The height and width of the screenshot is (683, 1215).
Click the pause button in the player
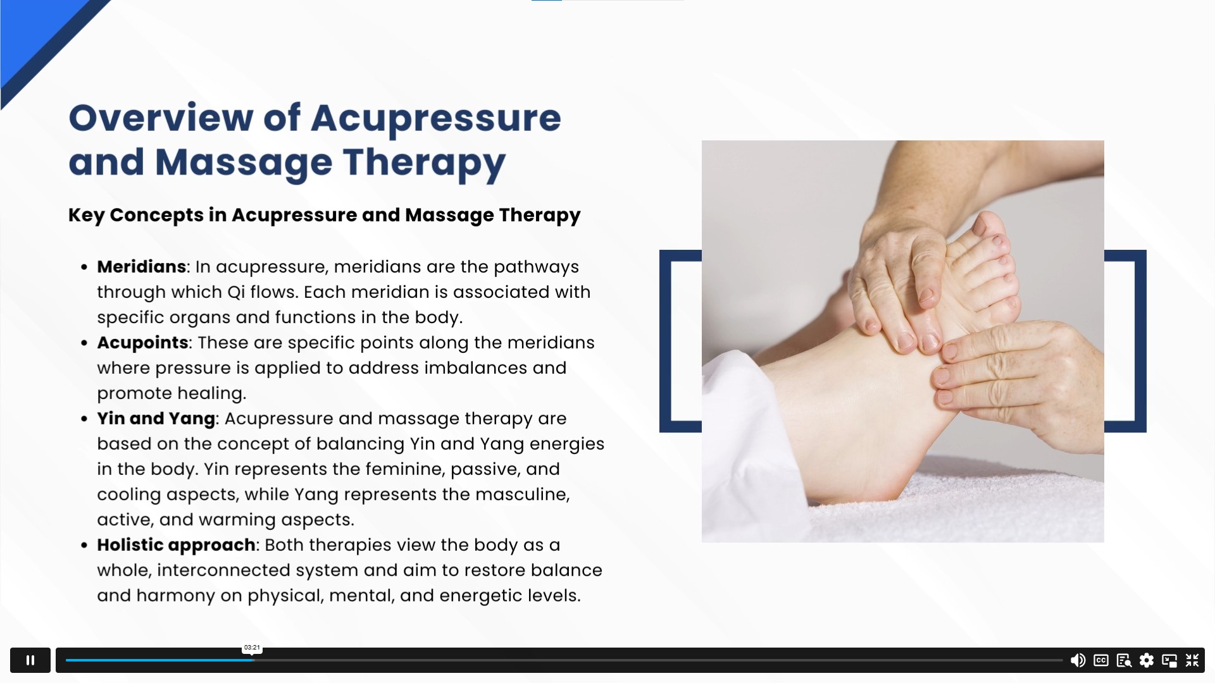[x=30, y=660]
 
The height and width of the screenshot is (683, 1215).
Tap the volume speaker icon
[x=1078, y=660]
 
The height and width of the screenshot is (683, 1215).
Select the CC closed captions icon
[x=1101, y=660]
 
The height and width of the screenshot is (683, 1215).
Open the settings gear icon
[x=1147, y=660]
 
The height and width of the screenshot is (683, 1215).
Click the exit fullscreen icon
[x=1192, y=660]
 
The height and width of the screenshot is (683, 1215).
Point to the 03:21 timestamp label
[x=252, y=648]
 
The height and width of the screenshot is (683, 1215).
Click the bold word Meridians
[x=141, y=267]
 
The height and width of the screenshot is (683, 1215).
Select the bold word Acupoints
[x=142, y=343]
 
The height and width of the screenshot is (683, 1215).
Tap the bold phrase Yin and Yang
[x=156, y=419]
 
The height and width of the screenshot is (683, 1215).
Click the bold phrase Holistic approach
[x=176, y=545]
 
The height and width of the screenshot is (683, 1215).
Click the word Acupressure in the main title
[x=435, y=119]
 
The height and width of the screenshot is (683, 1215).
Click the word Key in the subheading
[x=86, y=215]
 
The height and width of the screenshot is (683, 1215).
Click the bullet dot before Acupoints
[x=84, y=343]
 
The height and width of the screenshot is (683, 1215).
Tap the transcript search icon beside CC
[x=1124, y=660]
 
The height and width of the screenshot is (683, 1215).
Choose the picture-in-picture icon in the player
[x=1169, y=660]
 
